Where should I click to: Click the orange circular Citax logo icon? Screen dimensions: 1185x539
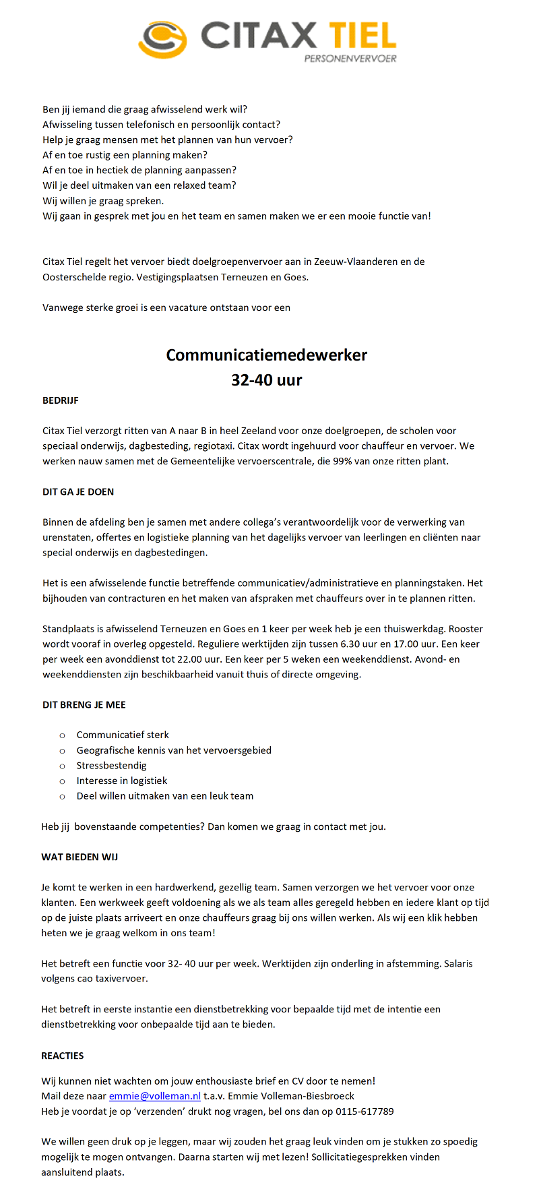coord(162,38)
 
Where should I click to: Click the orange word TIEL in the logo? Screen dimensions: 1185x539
coord(362,36)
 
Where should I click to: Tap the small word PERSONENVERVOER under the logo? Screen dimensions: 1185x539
coord(350,59)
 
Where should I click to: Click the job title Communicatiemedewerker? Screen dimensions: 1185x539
coord(267,355)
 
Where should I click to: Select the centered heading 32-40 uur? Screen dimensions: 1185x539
coord(267,379)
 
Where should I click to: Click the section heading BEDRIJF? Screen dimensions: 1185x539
coord(61,400)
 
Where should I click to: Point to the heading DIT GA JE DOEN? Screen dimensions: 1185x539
coord(78,492)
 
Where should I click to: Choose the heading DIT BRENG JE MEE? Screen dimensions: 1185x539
coord(84,705)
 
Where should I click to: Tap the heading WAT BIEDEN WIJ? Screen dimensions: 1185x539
coord(80,857)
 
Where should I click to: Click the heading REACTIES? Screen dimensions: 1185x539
coord(63,1056)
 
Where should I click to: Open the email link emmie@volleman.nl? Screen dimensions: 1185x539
coord(155,1096)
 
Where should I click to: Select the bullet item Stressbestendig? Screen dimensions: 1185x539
coord(111,766)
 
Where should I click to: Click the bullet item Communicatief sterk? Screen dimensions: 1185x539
coord(123,735)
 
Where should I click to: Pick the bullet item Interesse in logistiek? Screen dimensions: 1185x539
coord(122,781)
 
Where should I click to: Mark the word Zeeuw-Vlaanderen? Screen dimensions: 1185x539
coord(355,262)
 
